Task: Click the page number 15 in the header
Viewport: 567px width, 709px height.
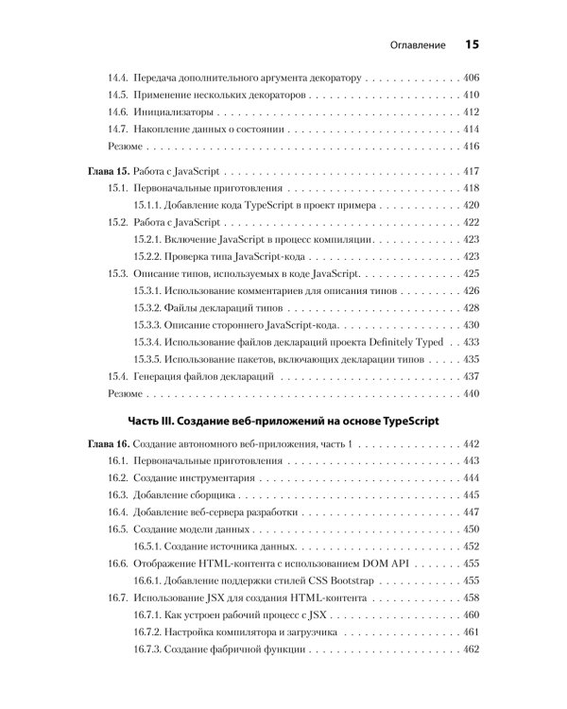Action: coord(472,43)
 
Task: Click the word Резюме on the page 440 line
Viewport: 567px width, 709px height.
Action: coord(126,392)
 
